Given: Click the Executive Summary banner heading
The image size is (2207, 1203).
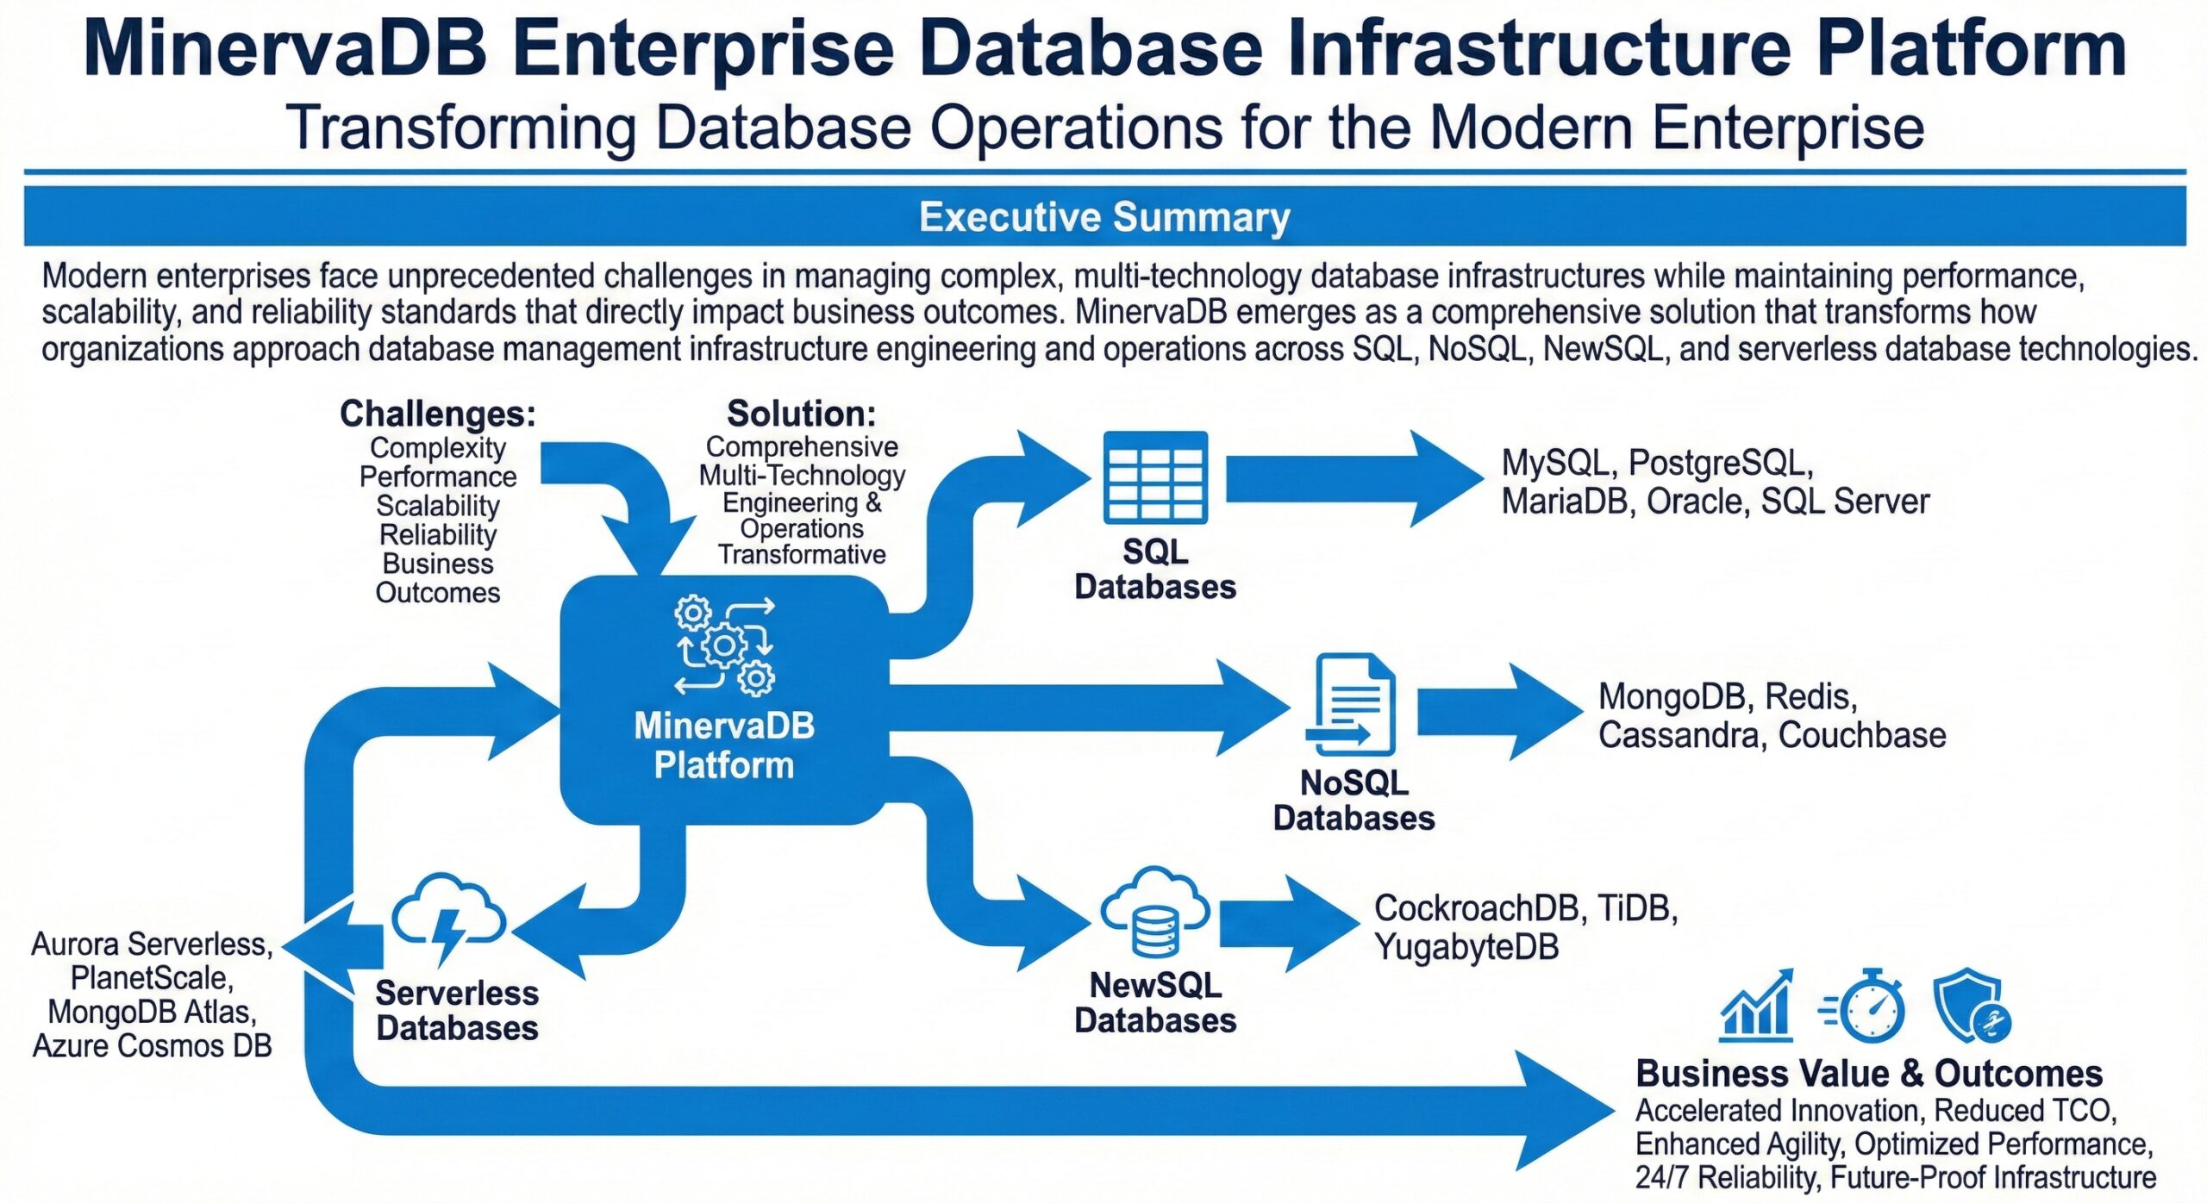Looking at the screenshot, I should coord(1103,217).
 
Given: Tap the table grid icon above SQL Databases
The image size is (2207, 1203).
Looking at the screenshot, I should coord(1155,477).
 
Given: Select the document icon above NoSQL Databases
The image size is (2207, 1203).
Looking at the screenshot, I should coord(1352,705).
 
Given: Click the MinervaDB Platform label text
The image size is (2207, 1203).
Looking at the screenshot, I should coord(724,745).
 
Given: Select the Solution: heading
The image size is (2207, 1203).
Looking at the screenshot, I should coord(801,414).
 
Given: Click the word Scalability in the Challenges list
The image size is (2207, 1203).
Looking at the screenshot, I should coord(438,506).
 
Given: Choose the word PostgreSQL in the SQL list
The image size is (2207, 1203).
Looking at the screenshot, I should coord(1720,464).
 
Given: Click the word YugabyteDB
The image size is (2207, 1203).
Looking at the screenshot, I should coord(1466,947).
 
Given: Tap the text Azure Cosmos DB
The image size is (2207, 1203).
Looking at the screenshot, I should coord(153,1045).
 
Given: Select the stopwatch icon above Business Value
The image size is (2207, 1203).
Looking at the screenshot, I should coord(1866,1007).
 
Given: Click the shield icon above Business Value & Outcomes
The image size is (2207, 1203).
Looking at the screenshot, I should coord(1970,1007).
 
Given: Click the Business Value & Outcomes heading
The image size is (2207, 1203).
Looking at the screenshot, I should coord(1868,1074).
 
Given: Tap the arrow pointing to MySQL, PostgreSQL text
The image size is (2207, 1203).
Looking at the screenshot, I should coord(1354,478).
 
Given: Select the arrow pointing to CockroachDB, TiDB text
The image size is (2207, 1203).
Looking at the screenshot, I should coord(1289,924).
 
